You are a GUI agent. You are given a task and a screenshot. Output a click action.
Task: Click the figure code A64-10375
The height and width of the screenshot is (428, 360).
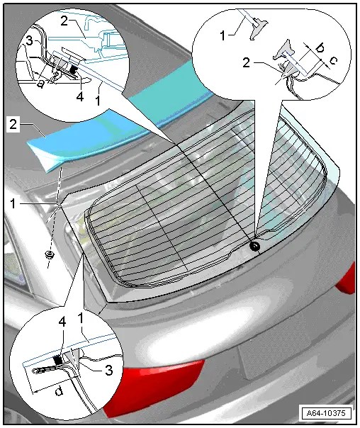coord(325,412)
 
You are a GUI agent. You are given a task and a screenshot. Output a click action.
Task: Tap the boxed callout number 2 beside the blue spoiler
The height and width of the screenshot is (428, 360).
coord(13,125)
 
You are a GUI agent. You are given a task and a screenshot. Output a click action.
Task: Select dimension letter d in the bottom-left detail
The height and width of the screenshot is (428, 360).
coord(59,391)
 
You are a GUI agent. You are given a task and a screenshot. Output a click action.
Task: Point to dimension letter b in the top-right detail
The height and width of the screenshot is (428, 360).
coord(319,48)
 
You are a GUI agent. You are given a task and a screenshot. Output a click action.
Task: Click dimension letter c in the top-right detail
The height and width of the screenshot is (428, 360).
coord(333,60)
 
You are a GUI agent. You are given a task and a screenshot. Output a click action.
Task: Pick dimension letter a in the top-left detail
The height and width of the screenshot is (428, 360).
coord(40,84)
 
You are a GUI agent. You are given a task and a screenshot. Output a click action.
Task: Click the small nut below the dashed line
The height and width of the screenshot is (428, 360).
coord(50,255)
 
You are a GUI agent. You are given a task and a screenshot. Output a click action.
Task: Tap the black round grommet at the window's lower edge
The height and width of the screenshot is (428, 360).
coord(255,247)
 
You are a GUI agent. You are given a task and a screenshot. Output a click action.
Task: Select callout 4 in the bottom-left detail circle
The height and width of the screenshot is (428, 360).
coord(62,322)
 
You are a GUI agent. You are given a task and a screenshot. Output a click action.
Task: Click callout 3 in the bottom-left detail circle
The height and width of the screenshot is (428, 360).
coord(108,371)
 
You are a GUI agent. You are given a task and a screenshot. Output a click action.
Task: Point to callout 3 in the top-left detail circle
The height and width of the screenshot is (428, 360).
coord(29,41)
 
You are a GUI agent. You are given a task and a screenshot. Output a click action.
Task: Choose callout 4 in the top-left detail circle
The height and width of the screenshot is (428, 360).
coord(79,96)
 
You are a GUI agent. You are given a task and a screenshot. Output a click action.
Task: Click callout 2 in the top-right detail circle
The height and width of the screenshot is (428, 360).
coord(246,63)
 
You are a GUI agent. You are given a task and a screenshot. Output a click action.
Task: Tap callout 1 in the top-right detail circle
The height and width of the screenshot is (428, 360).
coord(223,35)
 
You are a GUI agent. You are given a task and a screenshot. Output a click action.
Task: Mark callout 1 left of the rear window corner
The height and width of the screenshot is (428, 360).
coord(13,203)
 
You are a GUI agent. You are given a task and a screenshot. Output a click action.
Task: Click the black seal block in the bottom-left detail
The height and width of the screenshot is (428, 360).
coord(57,361)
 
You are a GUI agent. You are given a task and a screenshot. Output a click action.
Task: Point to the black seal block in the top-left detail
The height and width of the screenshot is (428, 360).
coord(73,70)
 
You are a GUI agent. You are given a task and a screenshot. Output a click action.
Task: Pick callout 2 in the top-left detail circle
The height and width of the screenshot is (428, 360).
coord(64,21)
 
